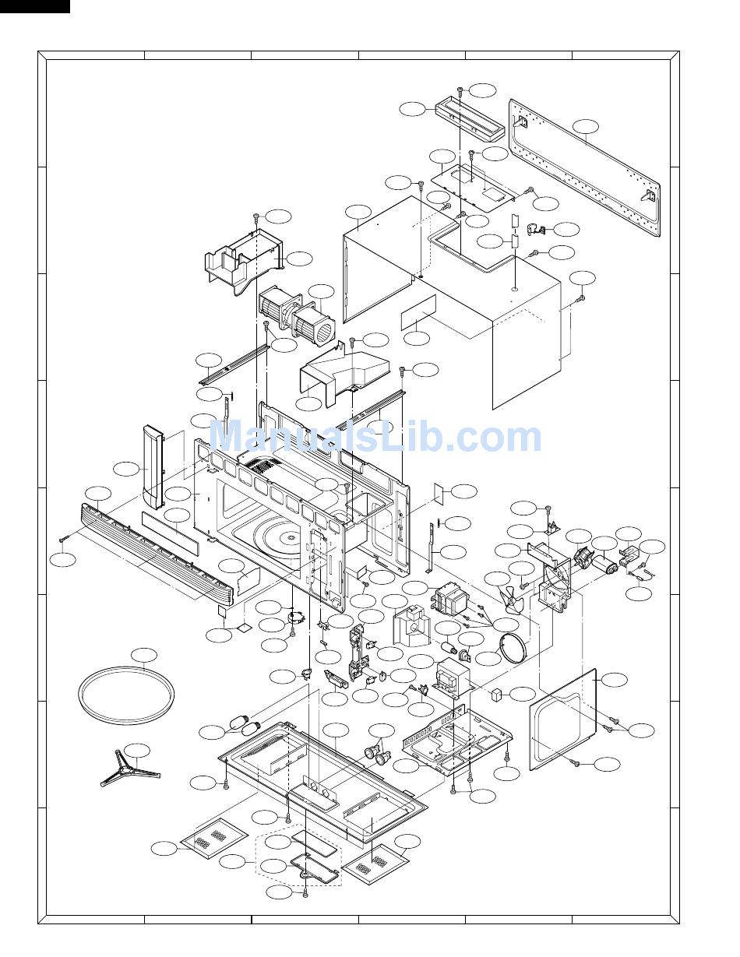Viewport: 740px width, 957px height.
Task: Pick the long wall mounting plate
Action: point(584,167)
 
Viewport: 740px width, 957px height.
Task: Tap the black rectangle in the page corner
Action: point(35,6)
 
